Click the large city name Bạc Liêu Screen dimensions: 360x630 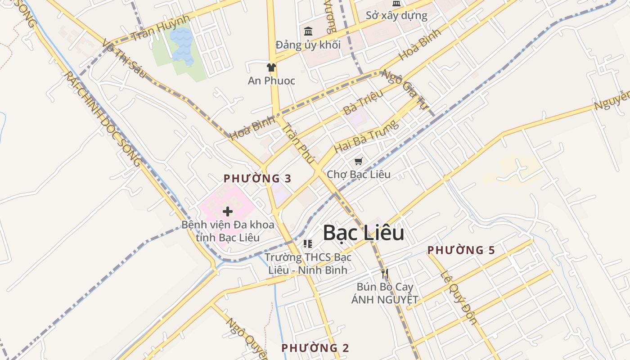[x=363, y=233]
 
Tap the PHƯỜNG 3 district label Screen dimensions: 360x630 [x=257, y=178]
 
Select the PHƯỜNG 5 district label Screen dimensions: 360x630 [x=461, y=250]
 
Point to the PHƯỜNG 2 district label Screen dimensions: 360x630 [x=315, y=348]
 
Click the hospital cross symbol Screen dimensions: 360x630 [x=228, y=211]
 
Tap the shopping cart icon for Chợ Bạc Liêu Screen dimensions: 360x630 [x=358, y=161]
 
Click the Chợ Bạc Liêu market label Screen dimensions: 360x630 [x=359, y=174]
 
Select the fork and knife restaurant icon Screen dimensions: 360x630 [x=384, y=273]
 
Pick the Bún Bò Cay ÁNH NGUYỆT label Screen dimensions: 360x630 [x=385, y=293]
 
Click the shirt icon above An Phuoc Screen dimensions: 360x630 [x=271, y=67]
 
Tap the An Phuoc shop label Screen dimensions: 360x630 [x=271, y=81]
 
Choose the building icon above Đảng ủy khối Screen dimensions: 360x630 [x=308, y=31]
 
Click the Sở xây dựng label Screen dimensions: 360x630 [x=396, y=16]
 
